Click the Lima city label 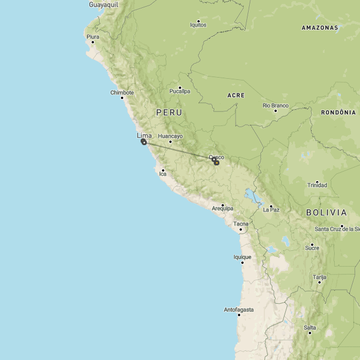[144, 136]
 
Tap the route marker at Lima [144, 142]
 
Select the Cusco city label [217, 157]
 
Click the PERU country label [169, 112]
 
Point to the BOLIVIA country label [326, 213]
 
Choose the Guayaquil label [103, 4]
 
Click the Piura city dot [93, 42]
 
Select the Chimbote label [122, 93]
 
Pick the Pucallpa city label [180, 91]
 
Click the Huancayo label [170, 136]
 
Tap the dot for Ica [163, 170]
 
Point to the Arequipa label [222, 209]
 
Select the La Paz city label [271, 210]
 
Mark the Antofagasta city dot [239, 314]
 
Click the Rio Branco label [276, 105]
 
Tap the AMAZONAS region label [319, 28]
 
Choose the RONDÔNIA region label [339, 112]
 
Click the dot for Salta [310, 332]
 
